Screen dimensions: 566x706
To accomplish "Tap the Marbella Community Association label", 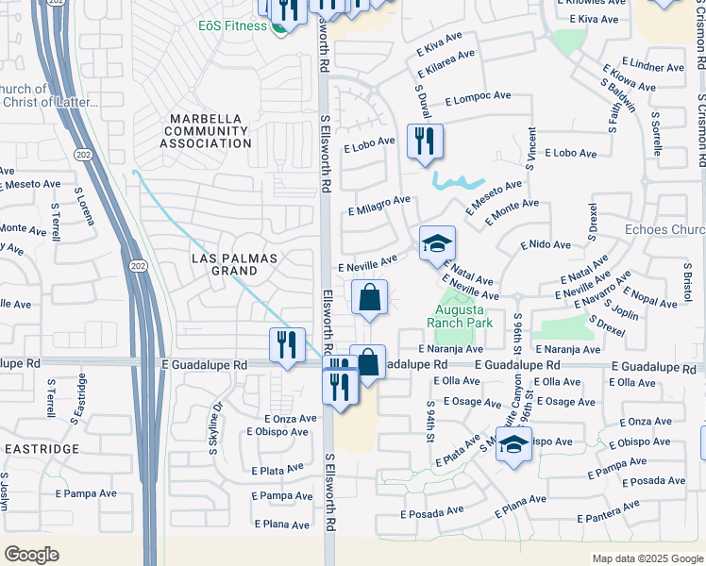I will click(x=205, y=130).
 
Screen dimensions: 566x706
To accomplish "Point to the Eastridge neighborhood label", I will click(x=41, y=449).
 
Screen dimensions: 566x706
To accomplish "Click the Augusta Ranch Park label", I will click(x=460, y=315).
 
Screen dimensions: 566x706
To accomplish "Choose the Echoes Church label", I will click(x=664, y=229).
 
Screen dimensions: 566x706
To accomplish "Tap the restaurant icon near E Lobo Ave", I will click(x=424, y=141).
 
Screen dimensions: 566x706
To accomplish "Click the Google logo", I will click(x=31, y=555).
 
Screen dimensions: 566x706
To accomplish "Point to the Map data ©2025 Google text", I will click(x=647, y=558).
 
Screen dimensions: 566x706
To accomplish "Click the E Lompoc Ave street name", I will click(x=477, y=97).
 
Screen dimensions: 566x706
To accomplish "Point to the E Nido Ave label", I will click(x=546, y=244).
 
